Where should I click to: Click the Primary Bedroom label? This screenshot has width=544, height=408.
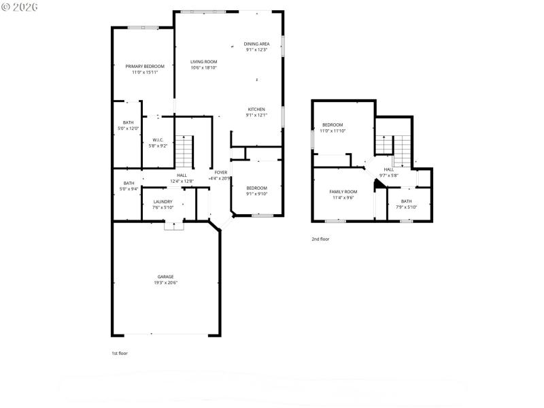[145, 66]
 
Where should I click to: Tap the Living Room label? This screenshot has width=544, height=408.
[203, 62]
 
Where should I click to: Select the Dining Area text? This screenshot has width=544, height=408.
[256, 44]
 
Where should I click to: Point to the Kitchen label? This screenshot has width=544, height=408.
[256, 109]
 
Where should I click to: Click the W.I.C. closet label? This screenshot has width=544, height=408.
[158, 140]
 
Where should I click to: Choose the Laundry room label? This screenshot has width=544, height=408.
[163, 201]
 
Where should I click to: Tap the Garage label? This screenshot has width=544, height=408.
[165, 277]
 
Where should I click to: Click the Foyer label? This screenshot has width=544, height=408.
[221, 173]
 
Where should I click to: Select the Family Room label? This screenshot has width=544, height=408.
[343, 192]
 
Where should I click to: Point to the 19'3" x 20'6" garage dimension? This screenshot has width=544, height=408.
[165, 283]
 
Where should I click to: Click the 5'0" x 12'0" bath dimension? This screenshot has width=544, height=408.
[129, 129]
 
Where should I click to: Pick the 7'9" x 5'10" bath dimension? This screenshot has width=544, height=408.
[406, 207]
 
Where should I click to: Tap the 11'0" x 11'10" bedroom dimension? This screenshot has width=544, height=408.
[333, 131]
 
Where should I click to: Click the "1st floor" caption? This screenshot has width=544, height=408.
[120, 354]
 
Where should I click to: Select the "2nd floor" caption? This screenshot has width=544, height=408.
[320, 239]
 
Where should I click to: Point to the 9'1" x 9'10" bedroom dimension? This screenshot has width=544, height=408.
[256, 194]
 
